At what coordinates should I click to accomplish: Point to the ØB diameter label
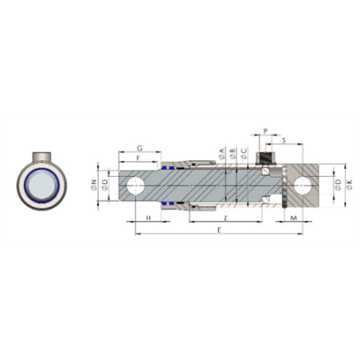point(231,153)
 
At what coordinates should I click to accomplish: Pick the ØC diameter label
point(242,153)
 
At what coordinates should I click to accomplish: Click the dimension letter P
point(266,129)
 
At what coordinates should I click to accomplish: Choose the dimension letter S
point(285,141)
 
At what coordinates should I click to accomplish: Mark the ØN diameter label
point(95,186)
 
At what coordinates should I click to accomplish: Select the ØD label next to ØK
point(339,186)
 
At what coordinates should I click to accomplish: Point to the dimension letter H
point(149,217)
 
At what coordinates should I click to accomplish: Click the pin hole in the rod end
point(135,186)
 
